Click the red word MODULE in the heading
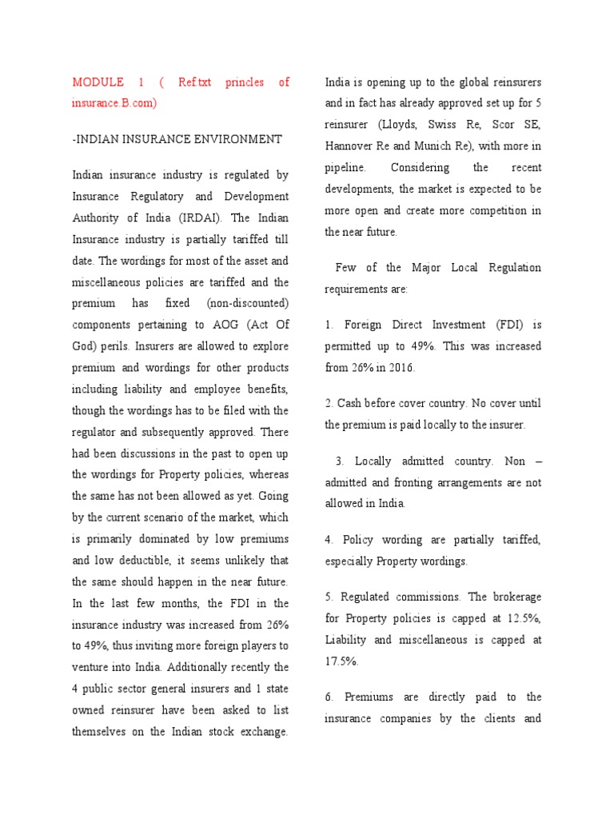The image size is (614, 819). pos(98,82)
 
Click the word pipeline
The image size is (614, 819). pos(345,168)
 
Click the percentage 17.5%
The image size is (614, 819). pos(341,661)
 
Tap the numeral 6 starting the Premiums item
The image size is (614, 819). pos(328,697)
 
